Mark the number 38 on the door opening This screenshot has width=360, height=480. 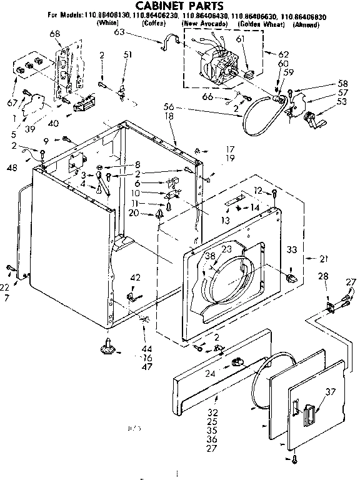pos(209,255)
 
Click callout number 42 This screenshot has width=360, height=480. pos(134,277)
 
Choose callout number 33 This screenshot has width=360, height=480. pos(291,249)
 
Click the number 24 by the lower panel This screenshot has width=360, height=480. pos(211,374)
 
